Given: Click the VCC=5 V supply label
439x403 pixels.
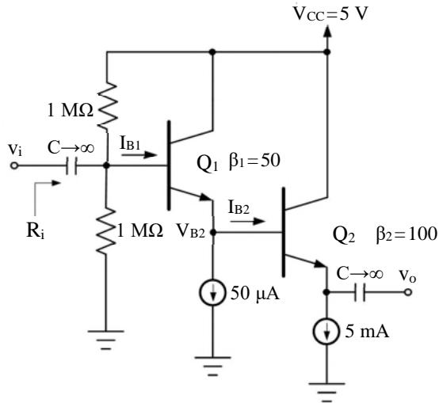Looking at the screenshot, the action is (330, 13).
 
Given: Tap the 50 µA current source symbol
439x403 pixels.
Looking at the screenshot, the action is (213, 292).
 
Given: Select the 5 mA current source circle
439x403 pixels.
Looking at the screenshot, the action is (326, 331).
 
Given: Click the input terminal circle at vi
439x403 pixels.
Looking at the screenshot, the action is (13, 165).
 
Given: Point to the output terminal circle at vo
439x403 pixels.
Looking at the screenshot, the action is (408, 292).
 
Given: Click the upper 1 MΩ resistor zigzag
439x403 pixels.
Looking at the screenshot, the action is (107, 106).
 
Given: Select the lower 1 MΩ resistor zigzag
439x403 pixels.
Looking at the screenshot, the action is (106, 230).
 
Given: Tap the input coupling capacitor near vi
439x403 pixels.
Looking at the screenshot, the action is (71, 165).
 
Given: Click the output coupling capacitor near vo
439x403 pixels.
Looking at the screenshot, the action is (360, 292).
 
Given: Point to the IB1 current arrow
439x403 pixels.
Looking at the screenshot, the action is (139, 154).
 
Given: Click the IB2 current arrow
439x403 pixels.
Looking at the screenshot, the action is (247, 222).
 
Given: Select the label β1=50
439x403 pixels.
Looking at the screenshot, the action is (254, 161).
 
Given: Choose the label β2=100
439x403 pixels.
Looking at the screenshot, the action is (407, 234).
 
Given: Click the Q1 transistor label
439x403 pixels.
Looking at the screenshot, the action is (207, 163).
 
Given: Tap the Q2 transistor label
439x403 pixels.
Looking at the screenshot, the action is (344, 234).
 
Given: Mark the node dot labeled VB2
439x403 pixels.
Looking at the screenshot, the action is (213, 232).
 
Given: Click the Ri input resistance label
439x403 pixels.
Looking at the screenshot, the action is (36, 231).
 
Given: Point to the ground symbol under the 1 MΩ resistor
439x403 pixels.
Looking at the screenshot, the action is (106, 340).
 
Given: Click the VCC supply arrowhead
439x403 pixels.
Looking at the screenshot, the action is (327, 32).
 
